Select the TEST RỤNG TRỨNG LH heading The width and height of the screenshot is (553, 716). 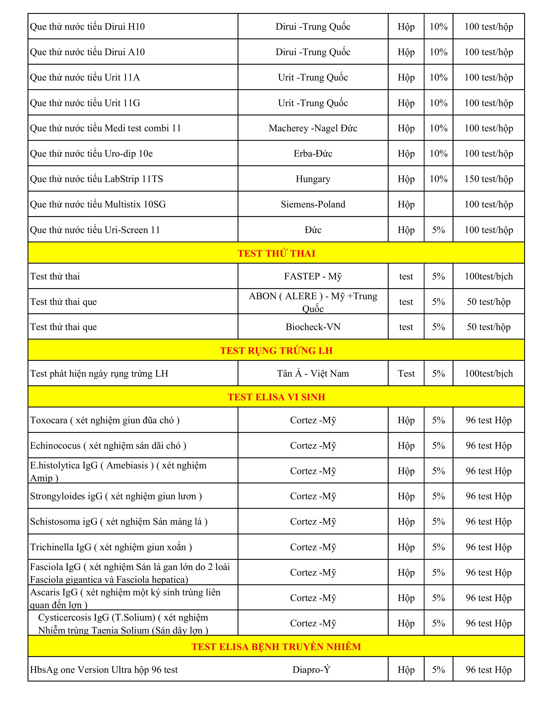pyautogui.click(x=276, y=350)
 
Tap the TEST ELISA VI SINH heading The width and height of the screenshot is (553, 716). pyautogui.click(x=276, y=397)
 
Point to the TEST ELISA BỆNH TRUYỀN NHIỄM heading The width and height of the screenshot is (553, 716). pyautogui.click(x=276, y=647)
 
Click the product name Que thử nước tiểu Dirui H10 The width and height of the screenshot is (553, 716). pyautogui.click(x=87, y=26)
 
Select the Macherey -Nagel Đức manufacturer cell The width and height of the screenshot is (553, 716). pyautogui.click(x=313, y=128)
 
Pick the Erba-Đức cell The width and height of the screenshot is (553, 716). pyautogui.click(x=313, y=153)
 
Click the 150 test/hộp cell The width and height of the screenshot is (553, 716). pyautogui.click(x=488, y=179)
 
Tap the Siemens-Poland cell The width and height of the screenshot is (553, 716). pyautogui.click(x=313, y=204)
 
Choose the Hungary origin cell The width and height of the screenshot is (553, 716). pyautogui.click(x=313, y=179)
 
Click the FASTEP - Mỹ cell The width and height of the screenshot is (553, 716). pyautogui.click(x=313, y=276)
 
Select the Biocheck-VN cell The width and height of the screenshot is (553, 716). pyautogui.click(x=313, y=327)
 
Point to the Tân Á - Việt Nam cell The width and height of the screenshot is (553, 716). pyautogui.click(x=313, y=373)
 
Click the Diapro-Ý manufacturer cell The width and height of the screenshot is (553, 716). pyautogui.click(x=311, y=669)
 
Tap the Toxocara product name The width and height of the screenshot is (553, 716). pyautogui.click(x=105, y=420)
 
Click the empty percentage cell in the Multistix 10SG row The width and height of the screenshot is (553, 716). pyautogui.click(x=438, y=204)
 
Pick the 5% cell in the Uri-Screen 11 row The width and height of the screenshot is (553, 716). pyautogui.click(x=438, y=230)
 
